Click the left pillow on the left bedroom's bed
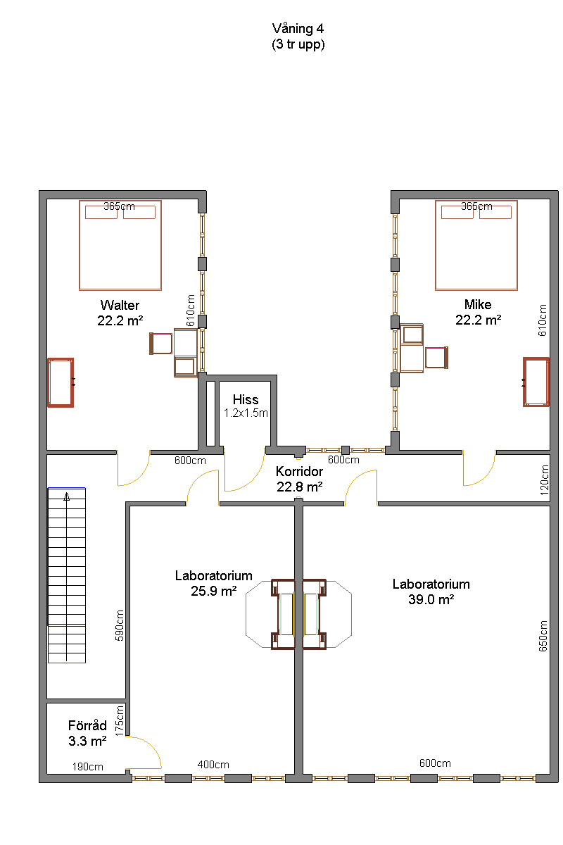tap(101, 212)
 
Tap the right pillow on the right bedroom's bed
tap(495, 212)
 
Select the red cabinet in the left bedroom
tap(61, 382)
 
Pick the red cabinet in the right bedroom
tap(536, 382)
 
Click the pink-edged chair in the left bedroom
tap(161, 344)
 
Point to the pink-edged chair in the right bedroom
tap(436, 358)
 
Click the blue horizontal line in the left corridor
tap(67, 488)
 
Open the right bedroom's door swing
tap(479, 469)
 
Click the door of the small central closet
tap(243, 470)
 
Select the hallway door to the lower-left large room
tap(203, 487)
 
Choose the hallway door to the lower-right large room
tap(361, 487)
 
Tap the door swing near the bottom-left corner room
tap(144, 752)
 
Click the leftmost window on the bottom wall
tap(148, 778)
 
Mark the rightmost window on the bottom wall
tap(518, 778)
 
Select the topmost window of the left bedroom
tap(202, 234)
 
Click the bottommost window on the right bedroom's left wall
tap(395, 408)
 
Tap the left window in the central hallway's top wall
tap(324, 450)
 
